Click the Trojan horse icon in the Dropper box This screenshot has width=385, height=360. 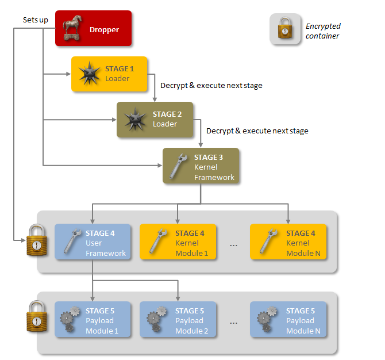[72, 28]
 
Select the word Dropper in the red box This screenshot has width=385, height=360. [104, 30]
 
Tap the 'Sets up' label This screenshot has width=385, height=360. [36, 20]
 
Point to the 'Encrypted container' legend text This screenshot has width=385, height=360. [323, 31]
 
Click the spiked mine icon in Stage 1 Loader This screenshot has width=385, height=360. [89, 73]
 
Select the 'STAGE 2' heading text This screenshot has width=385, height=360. [167, 114]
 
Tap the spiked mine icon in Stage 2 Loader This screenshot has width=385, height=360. [135, 119]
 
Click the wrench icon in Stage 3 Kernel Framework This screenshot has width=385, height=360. [178, 166]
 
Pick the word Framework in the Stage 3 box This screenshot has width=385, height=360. [214, 178]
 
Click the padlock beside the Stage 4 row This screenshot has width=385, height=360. [37, 240]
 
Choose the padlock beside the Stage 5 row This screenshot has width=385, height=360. [37, 316]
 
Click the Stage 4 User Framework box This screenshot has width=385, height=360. [93, 242]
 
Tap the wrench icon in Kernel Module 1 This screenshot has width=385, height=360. [158, 240]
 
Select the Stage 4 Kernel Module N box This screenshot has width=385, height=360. [288, 242]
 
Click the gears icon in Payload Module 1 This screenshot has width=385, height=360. [70, 319]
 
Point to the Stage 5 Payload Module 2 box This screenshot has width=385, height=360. [178, 319]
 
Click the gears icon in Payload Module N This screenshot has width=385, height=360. [267, 319]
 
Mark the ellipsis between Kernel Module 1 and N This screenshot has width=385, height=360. [233, 246]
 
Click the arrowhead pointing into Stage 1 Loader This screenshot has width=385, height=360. [68, 74]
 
